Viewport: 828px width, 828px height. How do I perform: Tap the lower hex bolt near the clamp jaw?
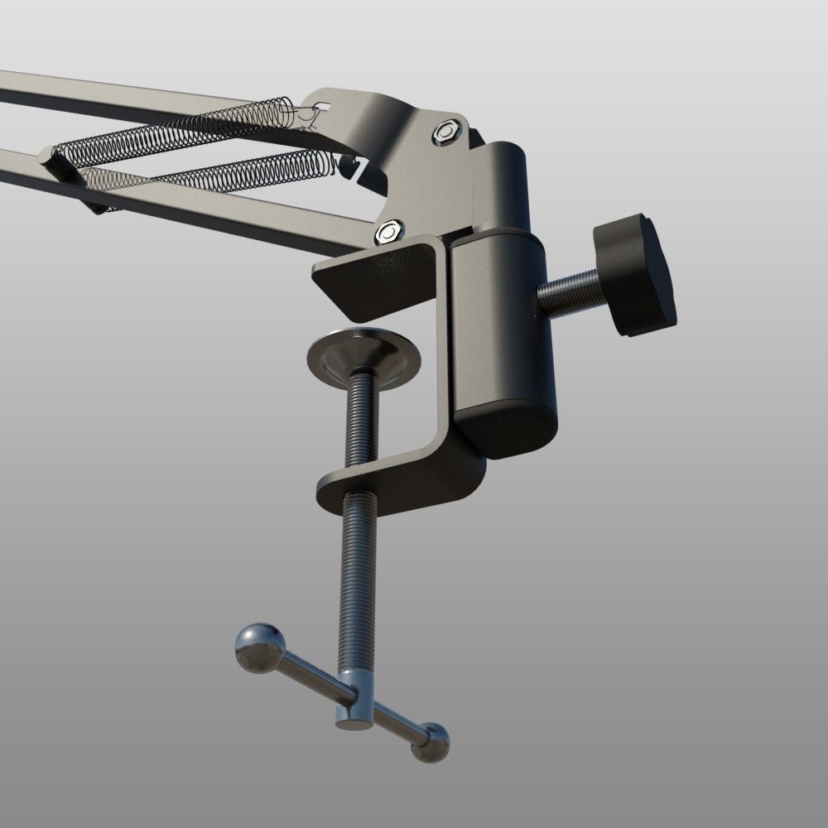[x=388, y=232]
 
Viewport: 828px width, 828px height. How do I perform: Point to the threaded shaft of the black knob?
[x=571, y=291]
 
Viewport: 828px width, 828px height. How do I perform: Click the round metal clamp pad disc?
[x=364, y=356]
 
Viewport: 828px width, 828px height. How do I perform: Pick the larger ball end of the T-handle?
[x=259, y=647]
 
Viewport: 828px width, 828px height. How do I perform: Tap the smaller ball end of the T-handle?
[x=431, y=742]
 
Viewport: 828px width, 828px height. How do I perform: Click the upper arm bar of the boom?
[x=124, y=95]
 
